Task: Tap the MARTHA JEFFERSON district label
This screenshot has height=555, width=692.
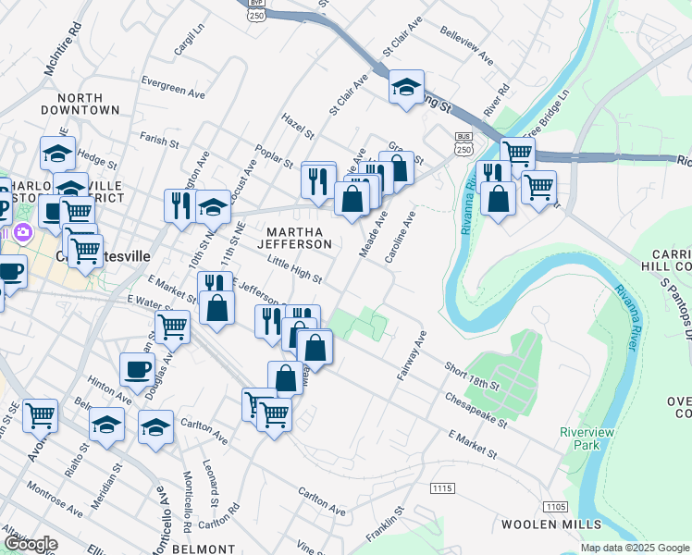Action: pyautogui.click(x=299, y=237)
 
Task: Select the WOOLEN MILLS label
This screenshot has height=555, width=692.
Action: pyautogui.click(x=539, y=524)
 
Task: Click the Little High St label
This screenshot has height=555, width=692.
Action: pyautogui.click(x=294, y=270)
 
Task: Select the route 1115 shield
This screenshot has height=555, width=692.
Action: pyautogui.click(x=442, y=487)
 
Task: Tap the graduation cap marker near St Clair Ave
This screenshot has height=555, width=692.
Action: pyautogui.click(x=405, y=88)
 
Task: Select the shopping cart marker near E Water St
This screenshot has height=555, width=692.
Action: pyautogui.click(x=173, y=326)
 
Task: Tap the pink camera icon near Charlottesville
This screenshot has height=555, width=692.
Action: pyautogui.click(x=21, y=231)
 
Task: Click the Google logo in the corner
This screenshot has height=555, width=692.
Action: pyautogui.click(x=30, y=544)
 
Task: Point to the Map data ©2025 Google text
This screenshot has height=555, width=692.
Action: pyautogui.click(x=635, y=548)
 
